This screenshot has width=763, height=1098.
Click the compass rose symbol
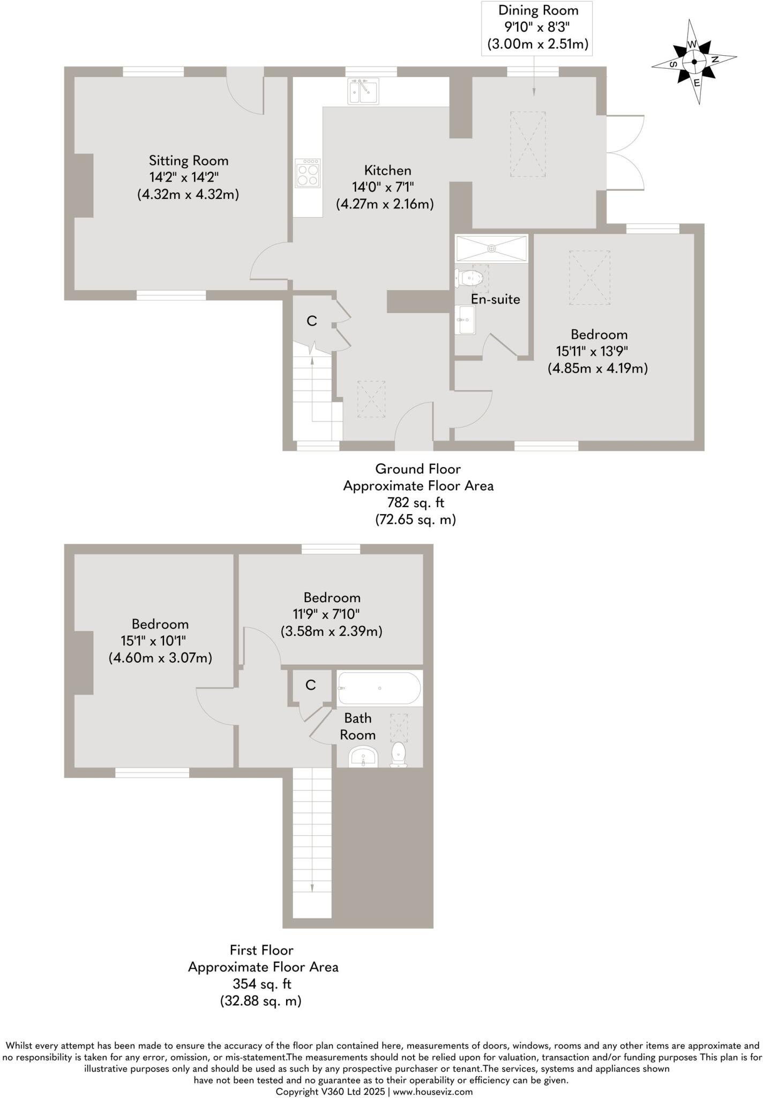[x=694, y=62]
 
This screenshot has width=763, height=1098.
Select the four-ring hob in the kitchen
[x=308, y=173]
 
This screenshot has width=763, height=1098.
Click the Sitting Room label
[x=189, y=160]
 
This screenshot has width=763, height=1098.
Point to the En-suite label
[x=495, y=299]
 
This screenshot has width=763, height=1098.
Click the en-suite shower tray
[x=491, y=249]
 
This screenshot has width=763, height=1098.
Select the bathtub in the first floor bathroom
[x=379, y=688]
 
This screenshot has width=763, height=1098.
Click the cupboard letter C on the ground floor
[x=311, y=321]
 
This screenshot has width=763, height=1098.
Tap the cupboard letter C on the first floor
[x=310, y=685]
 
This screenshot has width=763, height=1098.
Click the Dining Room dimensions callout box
[x=538, y=27]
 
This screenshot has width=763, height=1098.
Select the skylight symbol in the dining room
[x=528, y=144]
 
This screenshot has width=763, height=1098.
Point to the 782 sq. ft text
[x=416, y=502]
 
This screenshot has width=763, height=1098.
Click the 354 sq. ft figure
[x=261, y=984]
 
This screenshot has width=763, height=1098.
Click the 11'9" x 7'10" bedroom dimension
[x=320, y=614]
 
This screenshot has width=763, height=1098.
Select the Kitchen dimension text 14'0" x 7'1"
[x=383, y=187]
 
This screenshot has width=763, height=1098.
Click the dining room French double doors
[x=625, y=153]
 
